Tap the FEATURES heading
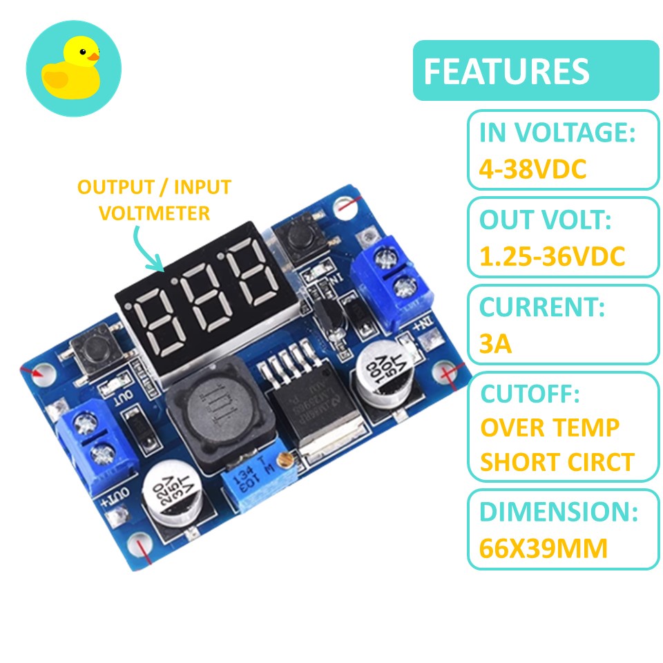[x=506, y=71]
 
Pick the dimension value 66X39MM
[x=544, y=548]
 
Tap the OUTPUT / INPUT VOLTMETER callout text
[x=154, y=200]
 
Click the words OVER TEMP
[x=550, y=428]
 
